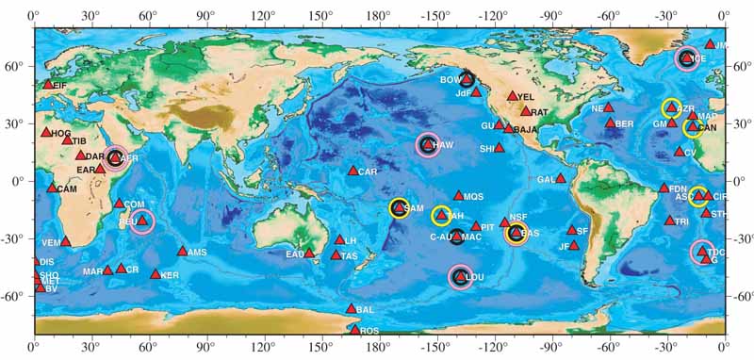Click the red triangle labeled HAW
point(427,144)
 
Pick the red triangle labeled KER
point(156,274)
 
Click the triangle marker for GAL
point(560,177)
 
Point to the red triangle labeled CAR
point(352,171)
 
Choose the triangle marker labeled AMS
point(182,251)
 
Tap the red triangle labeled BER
point(610,123)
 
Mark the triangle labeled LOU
point(459,276)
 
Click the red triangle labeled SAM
point(399,207)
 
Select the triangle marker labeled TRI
point(669,221)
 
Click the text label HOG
point(61,134)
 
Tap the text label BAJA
point(526,129)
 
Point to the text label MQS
point(473,197)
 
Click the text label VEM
point(51,242)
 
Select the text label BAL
point(367,309)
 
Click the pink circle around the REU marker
point(141,221)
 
